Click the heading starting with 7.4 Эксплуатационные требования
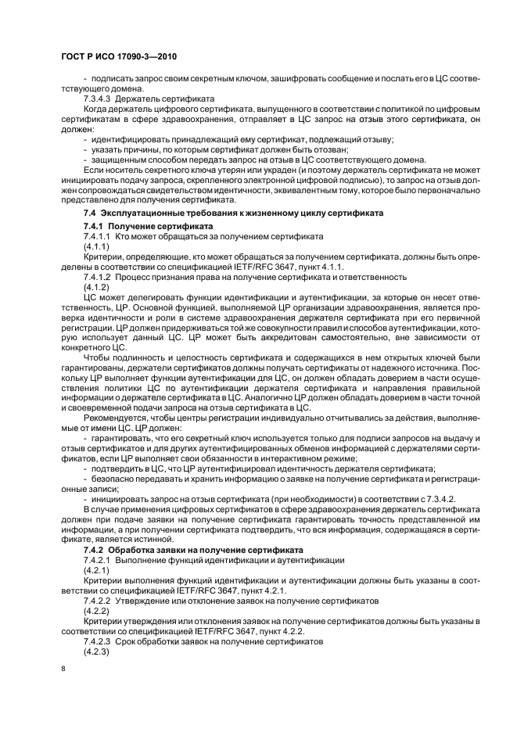233,212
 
